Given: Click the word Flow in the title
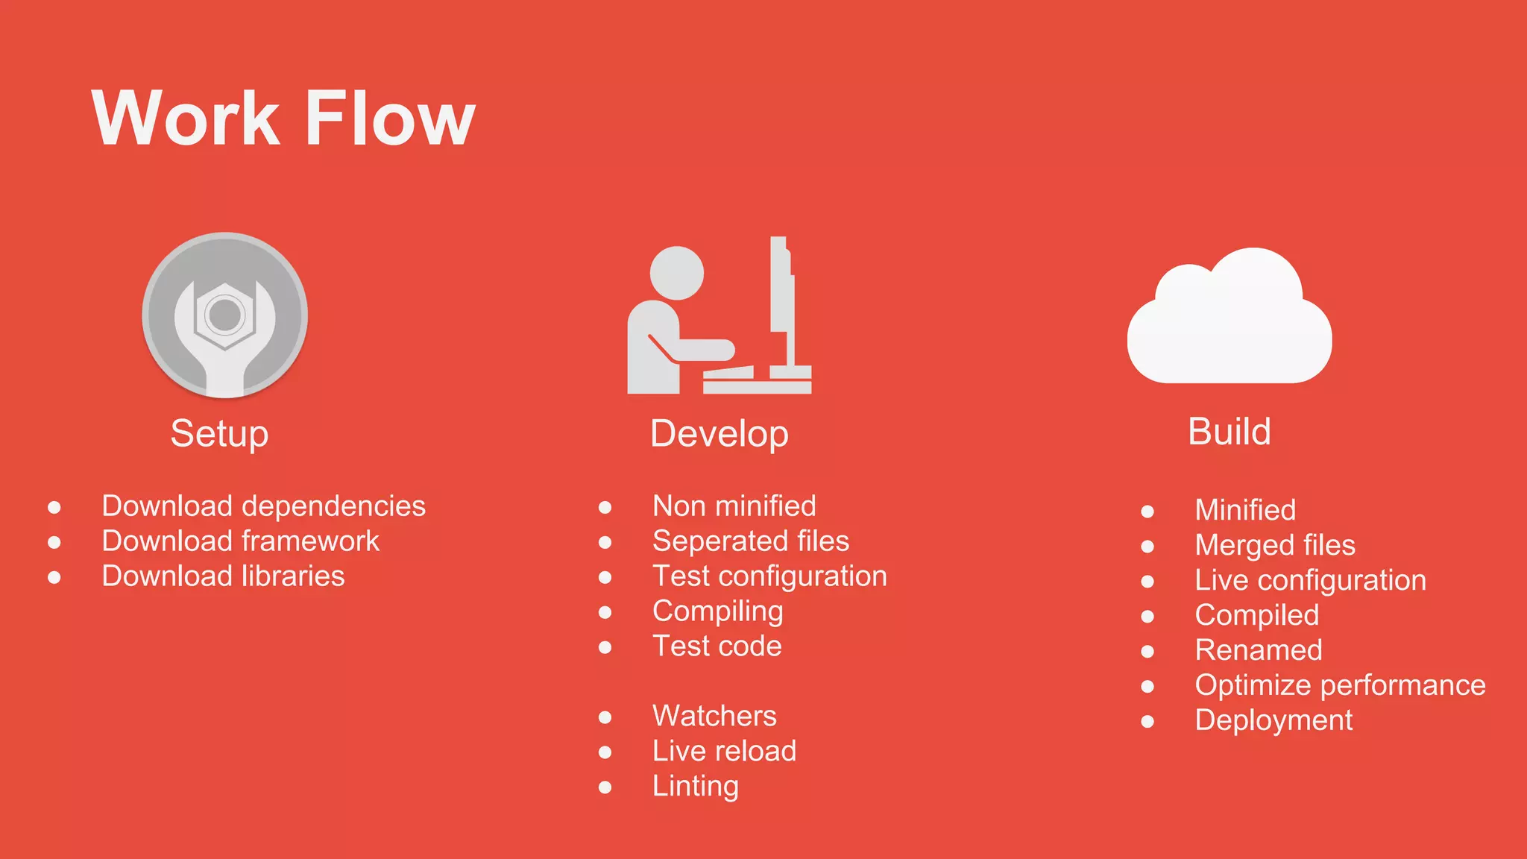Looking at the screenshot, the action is click(x=390, y=119).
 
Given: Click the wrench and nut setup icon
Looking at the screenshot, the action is click(x=225, y=315).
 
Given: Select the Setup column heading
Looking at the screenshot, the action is click(x=219, y=433).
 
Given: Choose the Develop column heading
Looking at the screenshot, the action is click(x=719, y=434).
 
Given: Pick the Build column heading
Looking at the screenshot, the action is click(x=1229, y=432).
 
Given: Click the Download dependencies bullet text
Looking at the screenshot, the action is click(x=263, y=506).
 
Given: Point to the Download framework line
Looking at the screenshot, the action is click(x=240, y=541).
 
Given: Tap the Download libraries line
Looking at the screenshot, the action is click(x=223, y=576).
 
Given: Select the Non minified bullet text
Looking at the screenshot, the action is click(x=734, y=506).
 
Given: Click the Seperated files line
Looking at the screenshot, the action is click(x=750, y=541).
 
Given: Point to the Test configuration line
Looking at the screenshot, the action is click(x=769, y=576).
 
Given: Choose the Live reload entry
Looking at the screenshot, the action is click(x=724, y=751).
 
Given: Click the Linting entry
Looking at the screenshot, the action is click(x=695, y=786).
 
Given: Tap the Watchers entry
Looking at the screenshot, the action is click(x=714, y=716).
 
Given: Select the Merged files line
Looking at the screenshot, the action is click(x=1275, y=545).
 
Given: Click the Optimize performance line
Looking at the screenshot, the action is click(x=1340, y=685).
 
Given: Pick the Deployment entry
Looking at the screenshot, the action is click(x=1273, y=720).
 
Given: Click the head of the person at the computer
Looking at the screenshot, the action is click(x=676, y=273).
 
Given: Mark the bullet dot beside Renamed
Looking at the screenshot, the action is click(x=1147, y=651).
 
